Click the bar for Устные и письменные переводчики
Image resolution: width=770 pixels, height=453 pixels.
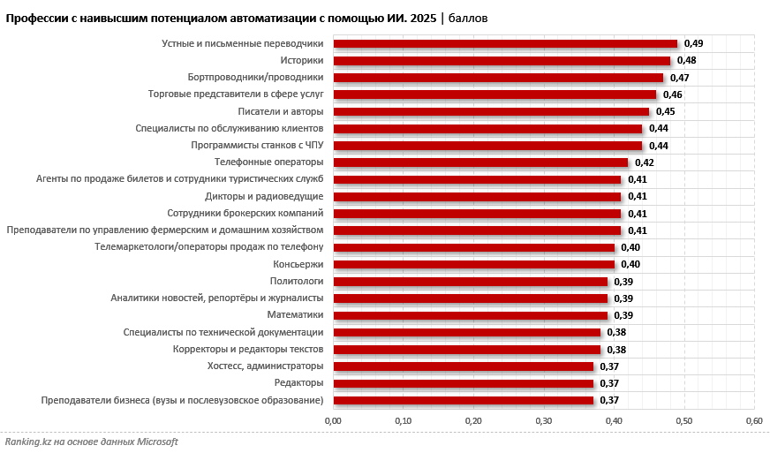[504, 44]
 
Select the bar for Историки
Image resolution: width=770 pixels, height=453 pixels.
[501, 61]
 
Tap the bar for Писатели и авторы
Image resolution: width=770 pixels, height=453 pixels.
[490, 112]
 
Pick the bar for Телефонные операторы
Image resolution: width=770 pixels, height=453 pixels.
[479, 162]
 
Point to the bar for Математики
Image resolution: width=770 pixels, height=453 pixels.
[469, 315]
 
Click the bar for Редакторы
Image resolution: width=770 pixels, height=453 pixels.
[462, 383]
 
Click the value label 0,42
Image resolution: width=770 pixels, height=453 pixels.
[645, 162]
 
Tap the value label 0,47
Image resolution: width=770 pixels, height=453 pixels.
[680, 78]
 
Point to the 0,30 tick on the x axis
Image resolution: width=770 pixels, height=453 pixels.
[543, 420]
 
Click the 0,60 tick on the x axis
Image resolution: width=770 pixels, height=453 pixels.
[753, 420]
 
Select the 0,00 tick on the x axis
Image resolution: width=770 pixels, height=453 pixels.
[333, 420]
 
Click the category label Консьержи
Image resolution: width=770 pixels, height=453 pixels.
[298, 265]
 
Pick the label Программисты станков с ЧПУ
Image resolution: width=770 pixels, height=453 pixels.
[257, 146]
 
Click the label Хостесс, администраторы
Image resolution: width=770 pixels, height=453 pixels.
[265, 366]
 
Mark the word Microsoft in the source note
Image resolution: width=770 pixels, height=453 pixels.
[155, 442]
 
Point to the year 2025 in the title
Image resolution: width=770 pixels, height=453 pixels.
[421, 18]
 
